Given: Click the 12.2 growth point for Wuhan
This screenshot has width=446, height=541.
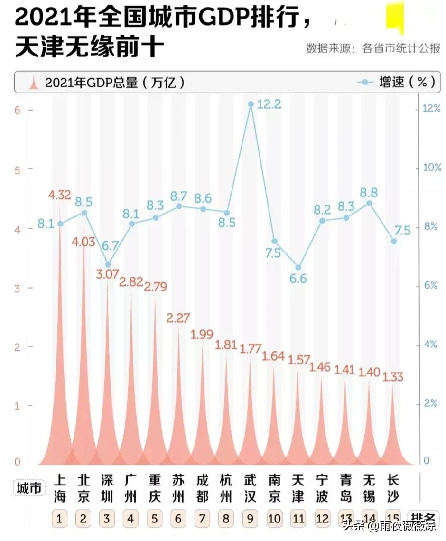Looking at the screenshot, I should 251,103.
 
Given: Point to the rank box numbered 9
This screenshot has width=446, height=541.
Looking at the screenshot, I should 250,519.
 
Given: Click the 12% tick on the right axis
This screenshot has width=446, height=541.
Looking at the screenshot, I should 431,109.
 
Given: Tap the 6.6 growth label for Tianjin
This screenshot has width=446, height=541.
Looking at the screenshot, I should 298,279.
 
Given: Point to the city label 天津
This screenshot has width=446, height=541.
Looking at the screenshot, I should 298,488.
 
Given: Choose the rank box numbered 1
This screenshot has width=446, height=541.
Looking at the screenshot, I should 59,519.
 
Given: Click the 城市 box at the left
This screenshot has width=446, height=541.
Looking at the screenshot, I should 29,488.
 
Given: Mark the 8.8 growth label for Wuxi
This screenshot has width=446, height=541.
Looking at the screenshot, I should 370,191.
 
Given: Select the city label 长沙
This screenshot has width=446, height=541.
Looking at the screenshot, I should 393,488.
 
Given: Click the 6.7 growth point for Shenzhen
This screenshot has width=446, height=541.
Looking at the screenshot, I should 108,264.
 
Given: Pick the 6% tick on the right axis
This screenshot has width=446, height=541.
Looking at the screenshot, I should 431,285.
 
